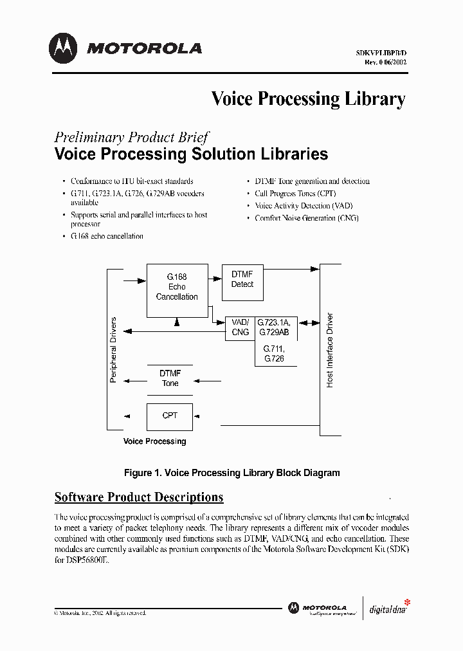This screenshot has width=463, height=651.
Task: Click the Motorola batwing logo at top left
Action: (x=63, y=48)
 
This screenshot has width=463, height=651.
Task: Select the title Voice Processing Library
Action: (x=308, y=98)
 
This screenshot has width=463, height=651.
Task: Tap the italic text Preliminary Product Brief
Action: (x=131, y=137)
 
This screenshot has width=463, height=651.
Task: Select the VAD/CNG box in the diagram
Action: (x=240, y=327)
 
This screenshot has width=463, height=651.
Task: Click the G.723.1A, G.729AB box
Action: (x=274, y=327)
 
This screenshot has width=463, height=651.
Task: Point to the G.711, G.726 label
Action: (x=273, y=353)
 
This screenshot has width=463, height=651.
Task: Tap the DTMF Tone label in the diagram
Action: (x=170, y=378)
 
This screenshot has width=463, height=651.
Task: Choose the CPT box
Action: (x=170, y=416)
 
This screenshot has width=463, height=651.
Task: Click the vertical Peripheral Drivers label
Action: (x=114, y=350)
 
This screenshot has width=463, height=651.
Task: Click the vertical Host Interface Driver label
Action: (x=330, y=350)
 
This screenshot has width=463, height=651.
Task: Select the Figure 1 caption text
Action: (x=232, y=473)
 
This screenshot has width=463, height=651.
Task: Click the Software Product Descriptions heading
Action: (x=139, y=497)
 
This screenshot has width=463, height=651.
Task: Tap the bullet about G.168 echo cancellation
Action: (x=107, y=236)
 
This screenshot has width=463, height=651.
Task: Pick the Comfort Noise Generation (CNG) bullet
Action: (x=307, y=218)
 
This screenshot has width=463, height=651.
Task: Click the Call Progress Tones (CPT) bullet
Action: (x=295, y=194)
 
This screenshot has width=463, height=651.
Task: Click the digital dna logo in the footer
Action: (x=388, y=609)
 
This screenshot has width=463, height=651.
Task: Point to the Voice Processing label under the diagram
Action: (x=154, y=441)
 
